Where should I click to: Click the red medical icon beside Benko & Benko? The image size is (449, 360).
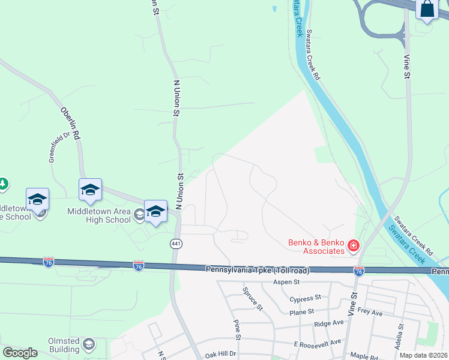coord(354,245)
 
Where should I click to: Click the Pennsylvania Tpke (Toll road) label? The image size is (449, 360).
coord(258,271)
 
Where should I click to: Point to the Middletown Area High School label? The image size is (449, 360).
coord(99,215)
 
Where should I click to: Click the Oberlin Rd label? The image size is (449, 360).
coord(70,123)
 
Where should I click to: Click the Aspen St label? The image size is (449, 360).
coord(286,281)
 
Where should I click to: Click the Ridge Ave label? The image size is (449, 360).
coord(328,323)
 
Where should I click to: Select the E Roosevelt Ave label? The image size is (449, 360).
coord(318,342)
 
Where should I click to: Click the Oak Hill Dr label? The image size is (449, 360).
coord(221,354)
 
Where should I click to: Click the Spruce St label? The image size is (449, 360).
coord(253,298)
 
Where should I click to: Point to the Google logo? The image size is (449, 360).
coord(20,353)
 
